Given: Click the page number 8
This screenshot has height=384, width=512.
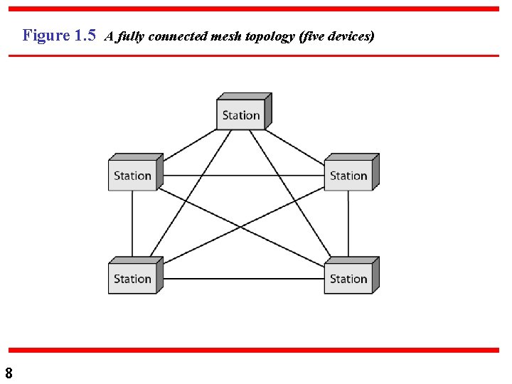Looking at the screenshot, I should point(9,373).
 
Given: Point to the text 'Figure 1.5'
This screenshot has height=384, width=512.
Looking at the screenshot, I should point(59,36).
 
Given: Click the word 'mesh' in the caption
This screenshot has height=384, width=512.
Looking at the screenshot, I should point(228,36).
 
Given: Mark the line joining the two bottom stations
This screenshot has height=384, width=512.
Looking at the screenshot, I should point(242,279).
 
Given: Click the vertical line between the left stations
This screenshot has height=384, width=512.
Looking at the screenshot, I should point(132,224).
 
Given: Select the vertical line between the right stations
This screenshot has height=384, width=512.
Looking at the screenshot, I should point(348,224).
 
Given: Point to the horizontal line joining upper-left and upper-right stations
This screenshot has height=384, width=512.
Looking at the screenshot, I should point(242,176).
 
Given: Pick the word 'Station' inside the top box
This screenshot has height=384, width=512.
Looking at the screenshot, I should point(241,115).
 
